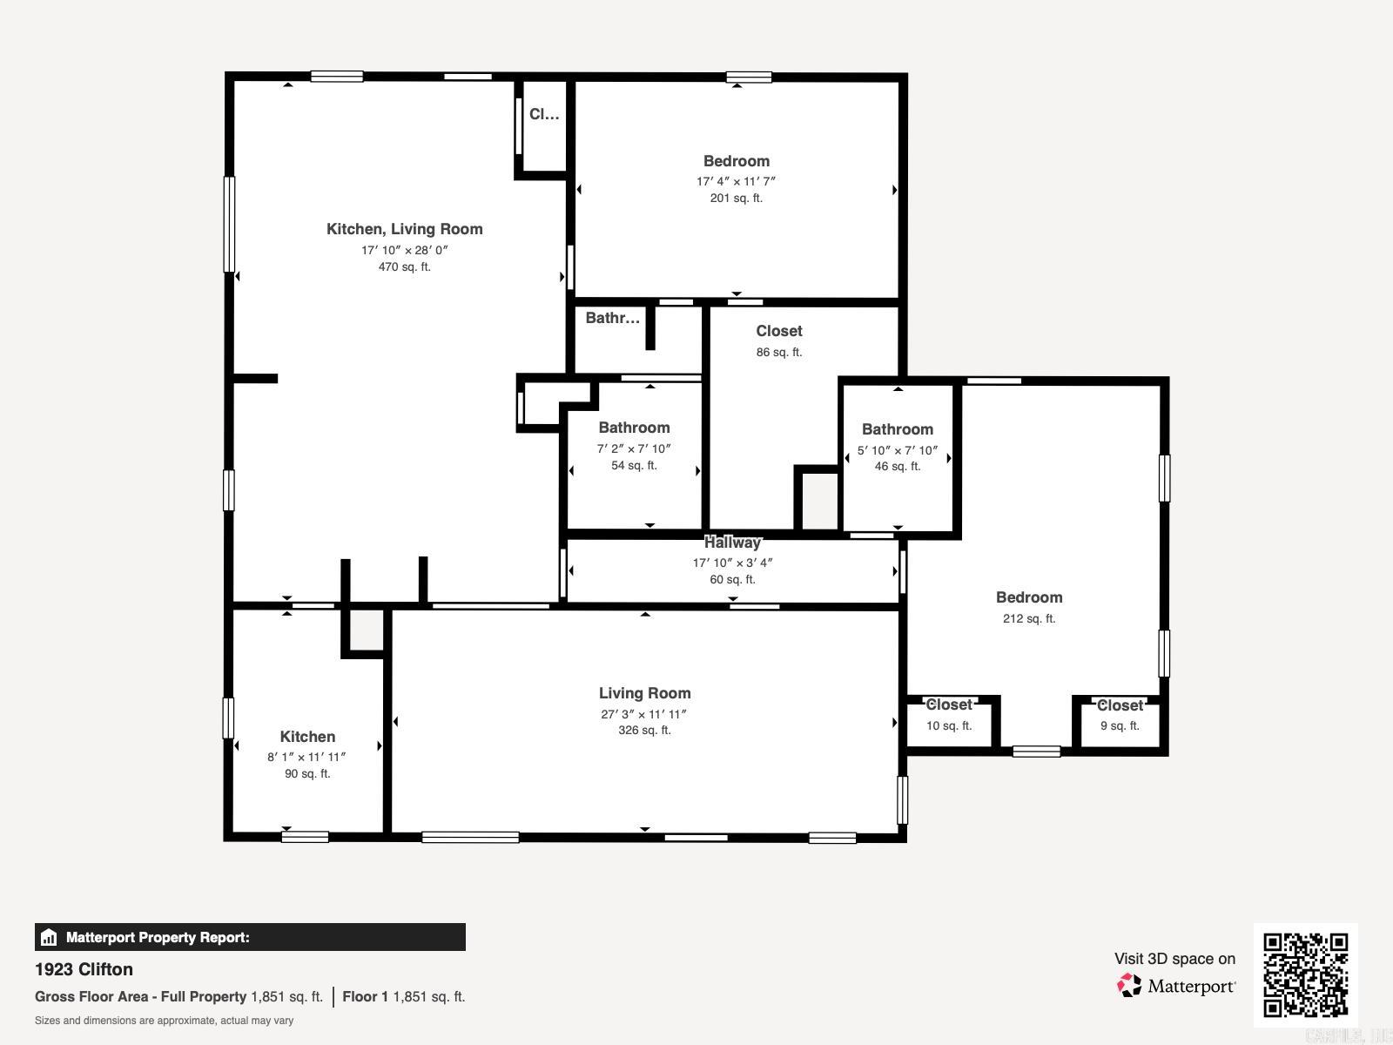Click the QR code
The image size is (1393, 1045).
click(x=1305, y=974)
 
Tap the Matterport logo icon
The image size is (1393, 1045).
click(x=1129, y=986)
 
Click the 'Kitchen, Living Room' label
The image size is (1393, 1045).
click(x=404, y=229)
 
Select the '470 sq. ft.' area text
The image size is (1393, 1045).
click(x=404, y=267)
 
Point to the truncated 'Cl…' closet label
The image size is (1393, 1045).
click(x=544, y=114)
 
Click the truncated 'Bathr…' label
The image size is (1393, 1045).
click(x=612, y=318)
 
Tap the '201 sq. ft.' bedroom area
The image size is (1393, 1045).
click(x=736, y=199)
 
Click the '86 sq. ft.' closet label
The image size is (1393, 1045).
click(x=778, y=353)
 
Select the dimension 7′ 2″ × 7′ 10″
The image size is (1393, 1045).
click(x=634, y=449)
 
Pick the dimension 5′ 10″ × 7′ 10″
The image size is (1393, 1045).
click(x=897, y=451)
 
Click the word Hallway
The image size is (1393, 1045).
click(x=732, y=543)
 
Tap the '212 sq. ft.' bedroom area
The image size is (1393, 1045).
click(x=1028, y=619)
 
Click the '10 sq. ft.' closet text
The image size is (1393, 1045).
click(x=948, y=726)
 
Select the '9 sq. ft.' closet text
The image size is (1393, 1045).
click(x=1119, y=726)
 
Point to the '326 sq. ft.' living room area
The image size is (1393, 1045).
click(x=644, y=731)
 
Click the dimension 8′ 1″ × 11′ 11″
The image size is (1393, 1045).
click(x=306, y=758)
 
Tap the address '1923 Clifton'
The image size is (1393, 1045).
click(x=84, y=969)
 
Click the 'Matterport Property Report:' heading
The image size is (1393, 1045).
click(x=158, y=938)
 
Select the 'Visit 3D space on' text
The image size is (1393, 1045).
click(x=1174, y=959)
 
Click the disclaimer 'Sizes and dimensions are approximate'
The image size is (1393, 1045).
click(x=164, y=1021)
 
